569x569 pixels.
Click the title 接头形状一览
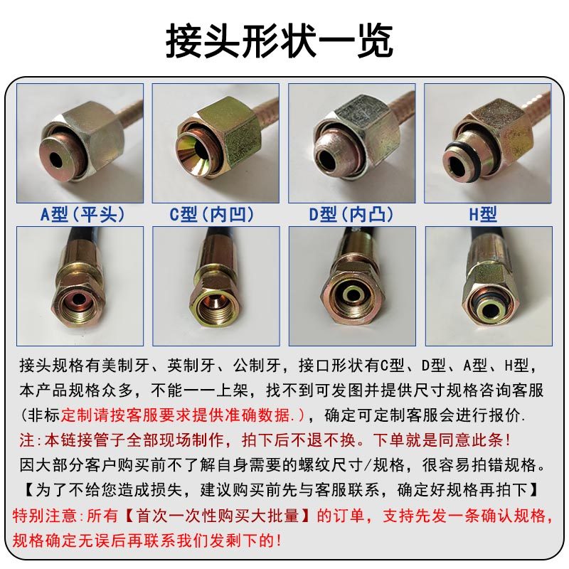tap(279, 41)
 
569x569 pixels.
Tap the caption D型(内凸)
tap(351, 213)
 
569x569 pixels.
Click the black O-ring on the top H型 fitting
tap(455, 146)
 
